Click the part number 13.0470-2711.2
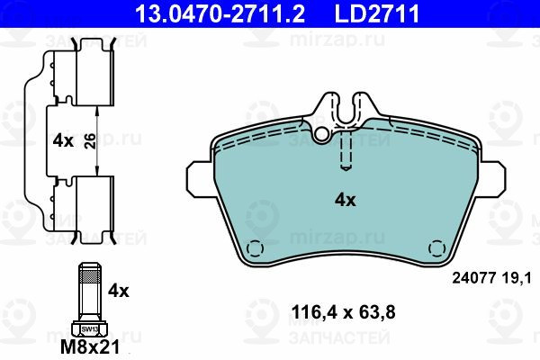pyautogui.click(x=220, y=13)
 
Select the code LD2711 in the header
pyautogui.click(x=377, y=13)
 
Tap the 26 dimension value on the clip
pyautogui.click(x=90, y=141)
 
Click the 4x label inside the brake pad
pyautogui.click(x=345, y=200)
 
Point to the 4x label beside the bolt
pyautogui.click(x=118, y=291)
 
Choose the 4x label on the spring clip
pyautogui.click(x=63, y=141)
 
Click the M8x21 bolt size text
pyautogui.click(x=90, y=346)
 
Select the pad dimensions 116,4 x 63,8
pyautogui.click(x=344, y=312)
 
